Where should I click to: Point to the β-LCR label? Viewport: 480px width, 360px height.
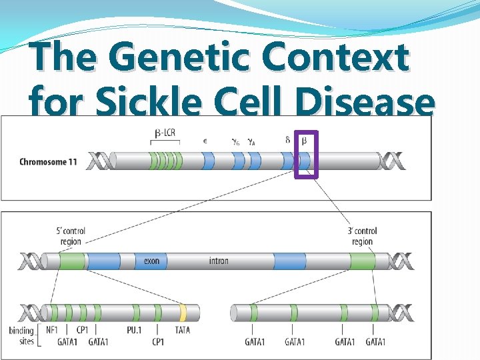(x=165, y=133)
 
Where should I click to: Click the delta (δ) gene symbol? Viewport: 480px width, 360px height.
(x=287, y=140)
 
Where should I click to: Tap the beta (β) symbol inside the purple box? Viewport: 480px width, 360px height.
(x=305, y=141)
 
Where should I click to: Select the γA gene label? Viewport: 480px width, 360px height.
(x=251, y=141)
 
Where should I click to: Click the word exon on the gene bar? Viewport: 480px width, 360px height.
(x=151, y=261)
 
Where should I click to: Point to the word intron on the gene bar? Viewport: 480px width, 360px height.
(x=218, y=261)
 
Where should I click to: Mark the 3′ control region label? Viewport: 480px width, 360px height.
(x=362, y=236)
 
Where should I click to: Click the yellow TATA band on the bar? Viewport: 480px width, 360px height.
(x=183, y=312)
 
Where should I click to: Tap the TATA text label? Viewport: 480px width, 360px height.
(x=182, y=330)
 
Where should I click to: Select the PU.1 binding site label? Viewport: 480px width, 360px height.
(x=133, y=330)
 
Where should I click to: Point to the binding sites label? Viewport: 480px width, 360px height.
(x=21, y=336)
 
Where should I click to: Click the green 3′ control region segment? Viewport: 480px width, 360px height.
(x=363, y=261)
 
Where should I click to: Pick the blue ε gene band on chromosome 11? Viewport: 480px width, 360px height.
(x=208, y=161)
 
